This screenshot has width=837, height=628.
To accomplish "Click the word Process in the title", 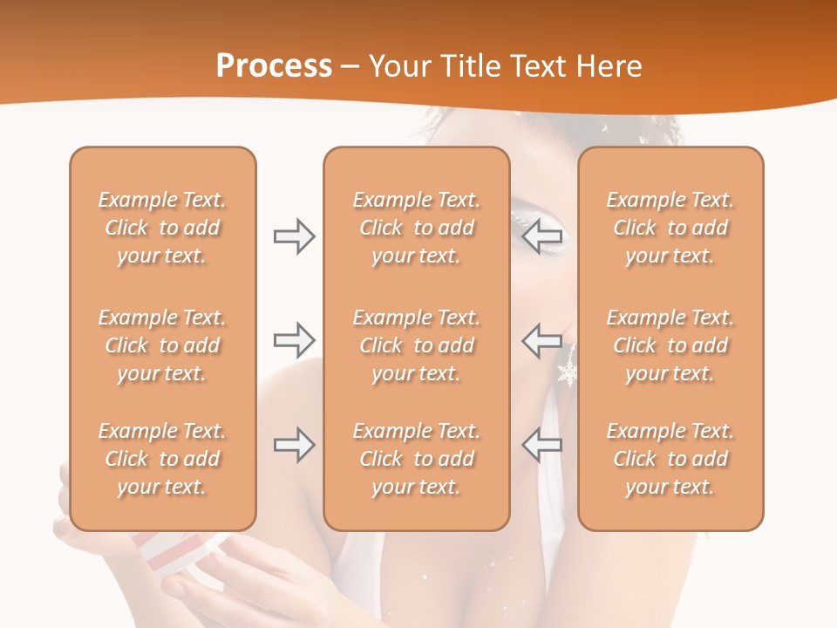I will tap(274, 66).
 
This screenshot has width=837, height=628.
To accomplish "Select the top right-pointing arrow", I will tap(294, 236).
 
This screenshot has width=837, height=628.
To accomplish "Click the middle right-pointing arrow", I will tap(294, 340).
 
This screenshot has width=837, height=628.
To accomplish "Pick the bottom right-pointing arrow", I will tap(294, 445).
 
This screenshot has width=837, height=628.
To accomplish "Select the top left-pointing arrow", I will tap(541, 236).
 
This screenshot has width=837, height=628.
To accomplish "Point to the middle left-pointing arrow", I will tap(541, 340).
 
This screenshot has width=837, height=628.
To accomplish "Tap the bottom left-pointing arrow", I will tap(541, 445).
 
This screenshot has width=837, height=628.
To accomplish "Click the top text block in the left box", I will tap(162, 228).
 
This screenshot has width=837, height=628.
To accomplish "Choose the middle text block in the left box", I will tap(162, 345).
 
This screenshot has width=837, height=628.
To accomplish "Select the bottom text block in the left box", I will tap(162, 459).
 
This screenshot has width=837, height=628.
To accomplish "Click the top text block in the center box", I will tap(416, 228).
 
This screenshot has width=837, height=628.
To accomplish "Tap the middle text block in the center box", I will tap(416, 345).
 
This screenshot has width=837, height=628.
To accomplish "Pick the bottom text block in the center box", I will tap(416, 459).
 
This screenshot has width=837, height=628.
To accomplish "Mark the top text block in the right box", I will tap(670, 228).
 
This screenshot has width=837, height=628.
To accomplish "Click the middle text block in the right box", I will tap(670, 345).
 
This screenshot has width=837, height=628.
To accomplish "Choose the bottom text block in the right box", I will tap(670, 459).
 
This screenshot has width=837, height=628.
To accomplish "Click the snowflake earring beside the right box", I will tap(568, 372).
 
